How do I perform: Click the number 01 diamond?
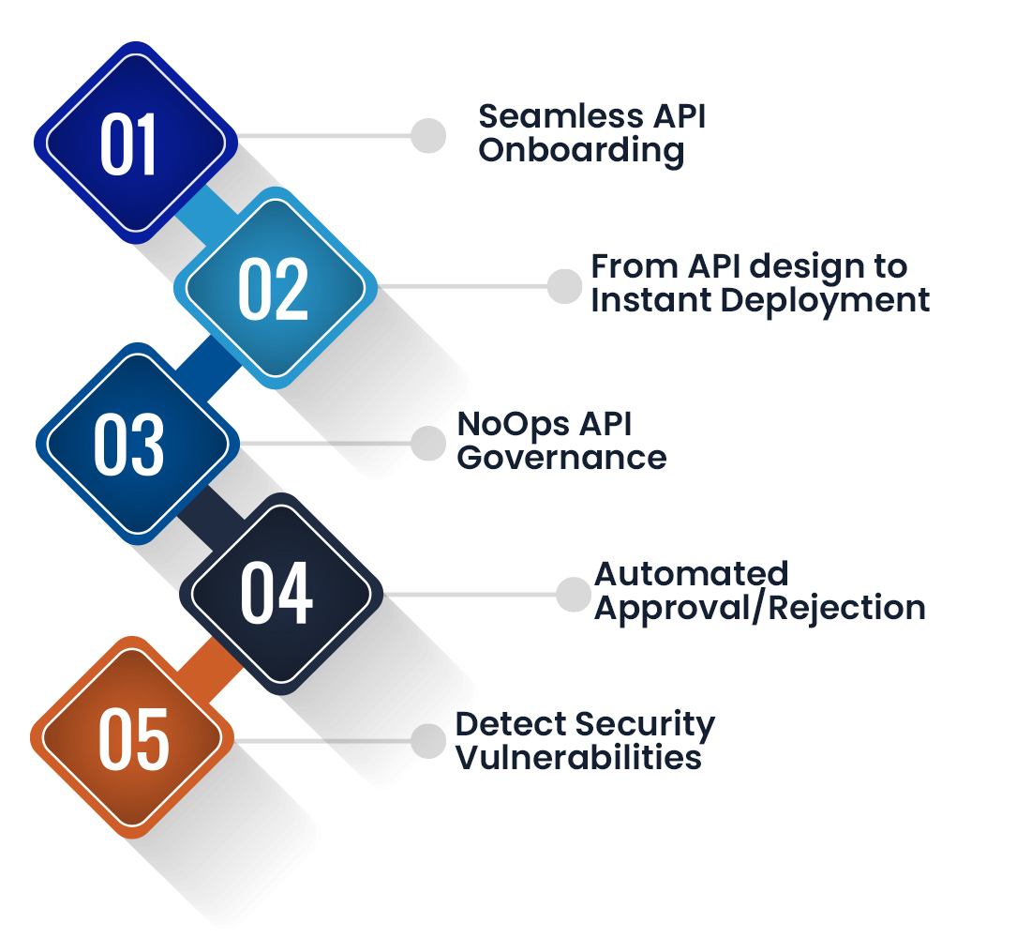pyautogui.click(x=134, y=143)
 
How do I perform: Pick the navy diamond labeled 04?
pyautogui.click(x=279, y=593)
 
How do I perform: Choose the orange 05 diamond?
pyautogui.click(x=131, y=740)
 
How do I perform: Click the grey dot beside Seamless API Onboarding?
pyautogui.click(x=428, y=135)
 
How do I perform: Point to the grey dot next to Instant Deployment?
pyautogui.click(x=564, y=286)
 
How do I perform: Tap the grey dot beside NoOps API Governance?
pyautogui.click(x=428, y=442)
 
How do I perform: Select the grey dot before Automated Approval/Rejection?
pyautogui.click(x=572, y=594)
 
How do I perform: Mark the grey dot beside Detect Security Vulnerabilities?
pyautogui.click(x=428, y=740)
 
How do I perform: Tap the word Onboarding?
pyautogui.click(x=581, y=150)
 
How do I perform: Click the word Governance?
pyautogui.click(x=562, y=458)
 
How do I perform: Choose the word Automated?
pyautogui.click(x=692, y=573)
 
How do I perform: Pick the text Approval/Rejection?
pyautogui.click(x=760, y=608)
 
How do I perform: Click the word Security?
pyautogui.click(x=644, y=724)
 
